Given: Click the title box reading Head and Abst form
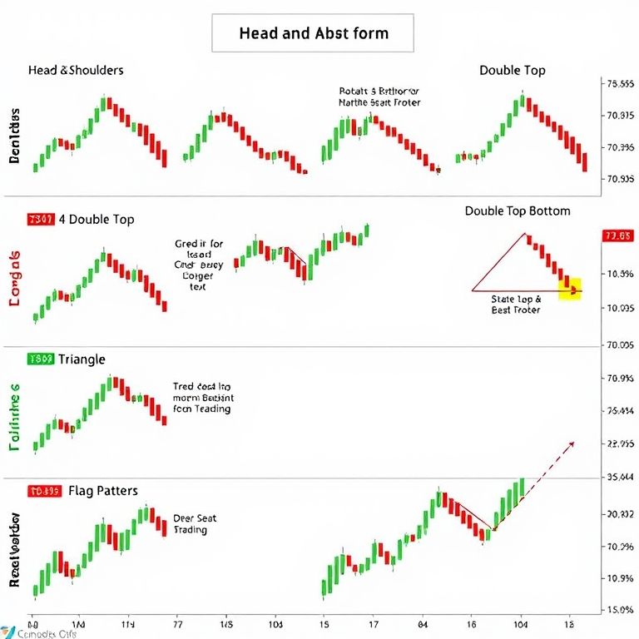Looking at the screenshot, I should tap(314, 34).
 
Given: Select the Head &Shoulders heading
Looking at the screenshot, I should tap(76, 70).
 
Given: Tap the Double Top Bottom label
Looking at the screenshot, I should tap(518, 211).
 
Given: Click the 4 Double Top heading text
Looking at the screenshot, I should tap(101, 220).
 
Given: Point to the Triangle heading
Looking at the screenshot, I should tap(82, 359).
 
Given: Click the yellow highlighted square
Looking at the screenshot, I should tap(571, 289).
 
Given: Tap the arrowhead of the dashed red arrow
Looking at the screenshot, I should tap(571, 443).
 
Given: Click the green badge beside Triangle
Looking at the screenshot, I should tap(41, 359).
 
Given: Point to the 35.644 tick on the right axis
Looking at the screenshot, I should tap(617, 478).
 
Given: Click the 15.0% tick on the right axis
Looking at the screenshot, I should tap(617, 610).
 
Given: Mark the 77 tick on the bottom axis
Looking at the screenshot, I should tap(176, 622).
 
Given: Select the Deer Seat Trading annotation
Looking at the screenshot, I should tap(195, 524).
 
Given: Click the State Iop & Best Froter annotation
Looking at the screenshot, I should tap(516, 304).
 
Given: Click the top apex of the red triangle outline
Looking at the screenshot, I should tap(526, 233).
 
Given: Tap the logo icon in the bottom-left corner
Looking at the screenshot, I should tap(8, 631).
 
